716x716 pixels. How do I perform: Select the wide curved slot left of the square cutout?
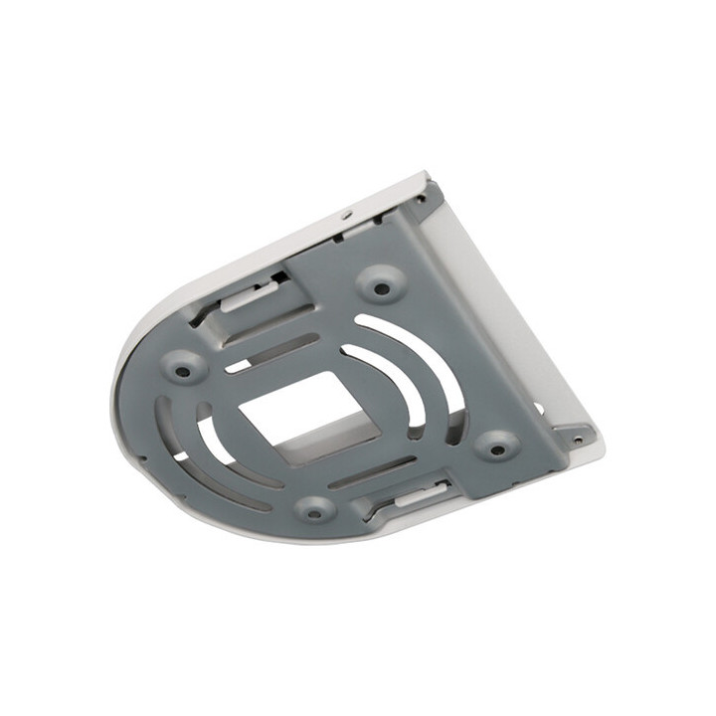[x=214, y=438]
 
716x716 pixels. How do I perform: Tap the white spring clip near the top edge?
[x=249, y=295]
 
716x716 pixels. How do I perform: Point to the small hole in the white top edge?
[x=345, y=215]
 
